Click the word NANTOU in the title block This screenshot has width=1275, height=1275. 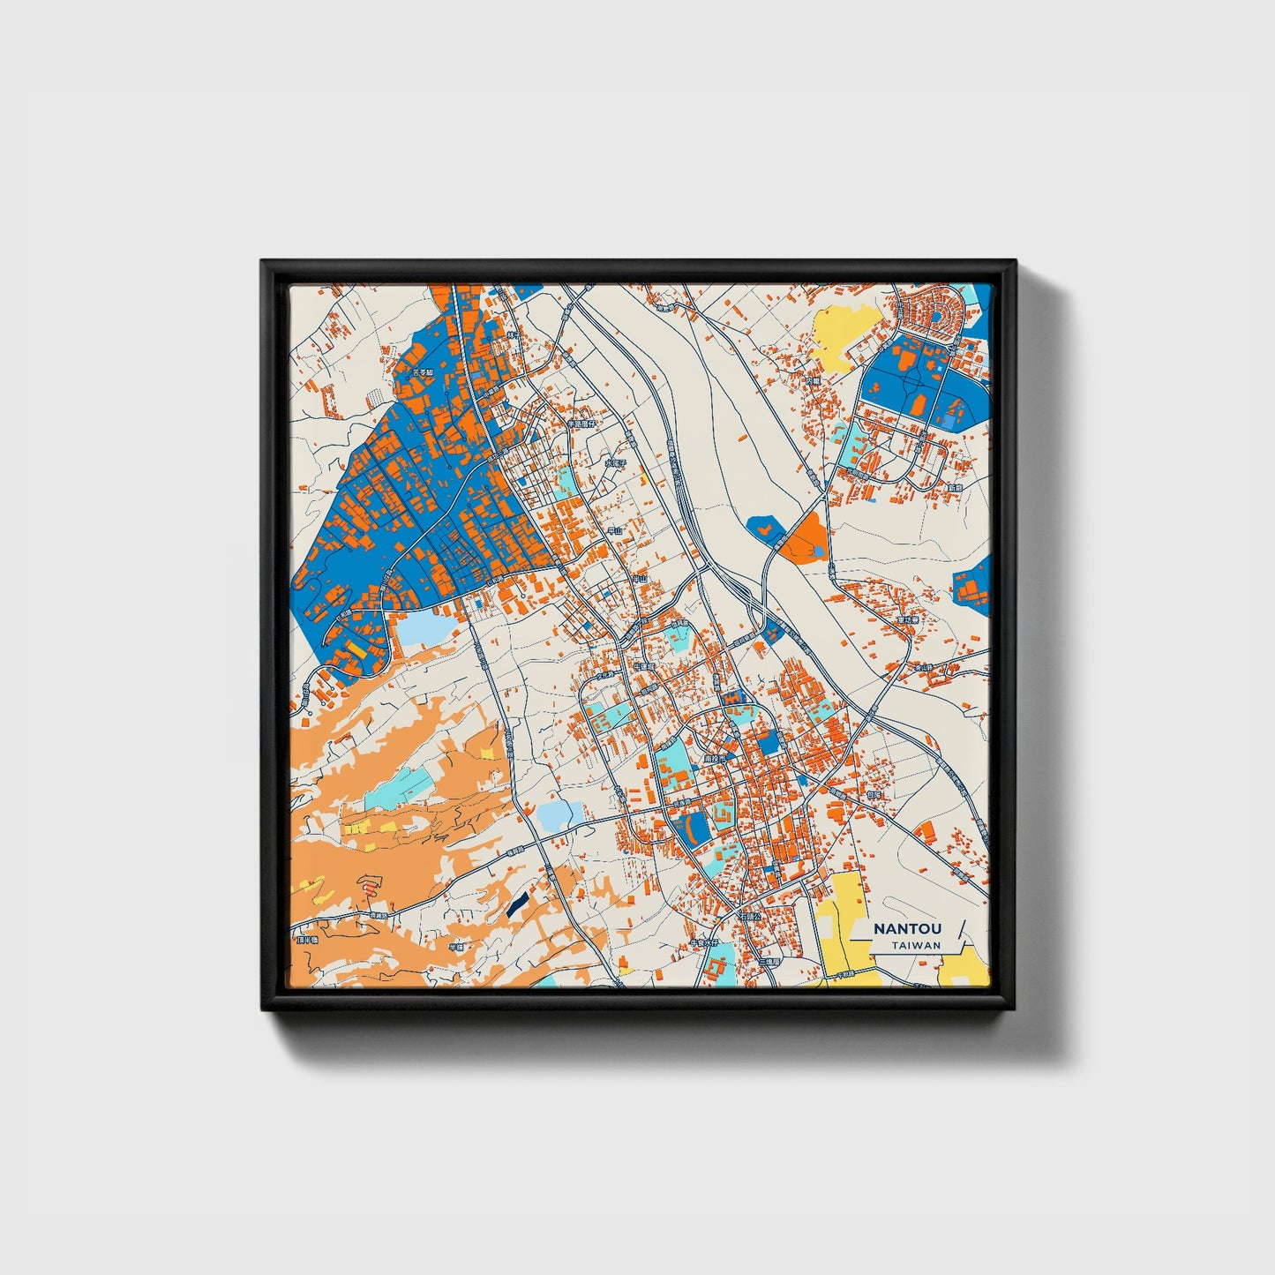(906, 929)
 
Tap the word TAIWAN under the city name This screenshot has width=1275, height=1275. (915, 946)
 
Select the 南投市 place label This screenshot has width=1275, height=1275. (715, 758)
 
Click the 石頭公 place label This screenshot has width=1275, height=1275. (751, 918)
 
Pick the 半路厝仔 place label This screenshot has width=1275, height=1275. (581, 424)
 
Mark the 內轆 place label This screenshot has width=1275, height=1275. (813, 381)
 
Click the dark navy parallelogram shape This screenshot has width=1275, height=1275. (518, 903)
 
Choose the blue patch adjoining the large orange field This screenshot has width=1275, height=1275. (764, 529)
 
